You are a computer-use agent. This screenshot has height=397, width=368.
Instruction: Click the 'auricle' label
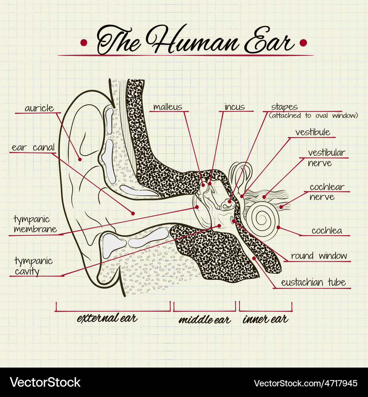39,108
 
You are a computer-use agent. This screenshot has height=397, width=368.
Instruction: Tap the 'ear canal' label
33,147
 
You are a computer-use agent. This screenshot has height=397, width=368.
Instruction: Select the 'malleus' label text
168,107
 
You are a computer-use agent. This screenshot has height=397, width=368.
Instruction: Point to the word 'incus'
235,107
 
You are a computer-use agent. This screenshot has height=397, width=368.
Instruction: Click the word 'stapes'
284,107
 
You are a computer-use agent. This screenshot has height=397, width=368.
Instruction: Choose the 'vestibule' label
313,132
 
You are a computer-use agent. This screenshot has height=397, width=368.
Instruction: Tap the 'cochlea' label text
327,230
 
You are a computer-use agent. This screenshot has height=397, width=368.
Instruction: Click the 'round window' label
319,256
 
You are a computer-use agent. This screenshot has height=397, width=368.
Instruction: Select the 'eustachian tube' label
313,282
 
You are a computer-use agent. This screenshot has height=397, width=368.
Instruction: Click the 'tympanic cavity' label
33,266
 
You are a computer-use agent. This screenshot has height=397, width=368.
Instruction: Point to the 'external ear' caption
107,318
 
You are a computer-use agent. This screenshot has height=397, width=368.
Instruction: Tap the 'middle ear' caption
205,319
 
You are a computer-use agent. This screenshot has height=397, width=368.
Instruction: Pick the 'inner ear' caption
265,319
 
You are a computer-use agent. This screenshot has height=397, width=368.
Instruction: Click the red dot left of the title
84,43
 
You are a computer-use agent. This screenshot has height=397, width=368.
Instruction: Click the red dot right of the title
303,43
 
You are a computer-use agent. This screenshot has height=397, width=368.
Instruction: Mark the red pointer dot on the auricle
79,160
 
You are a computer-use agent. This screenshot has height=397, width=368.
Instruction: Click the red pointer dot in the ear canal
133,214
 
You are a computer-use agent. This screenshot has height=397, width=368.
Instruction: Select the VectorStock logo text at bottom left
45,382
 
